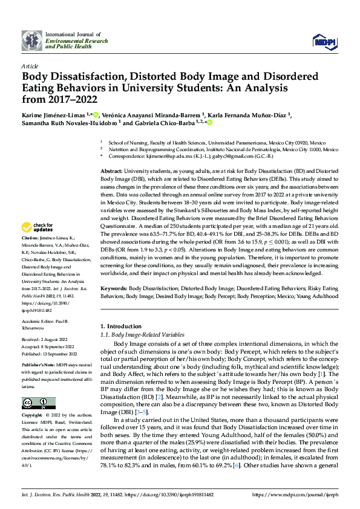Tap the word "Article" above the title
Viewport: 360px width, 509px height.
[30, 66]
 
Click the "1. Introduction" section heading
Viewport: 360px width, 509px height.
[120, 327]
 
